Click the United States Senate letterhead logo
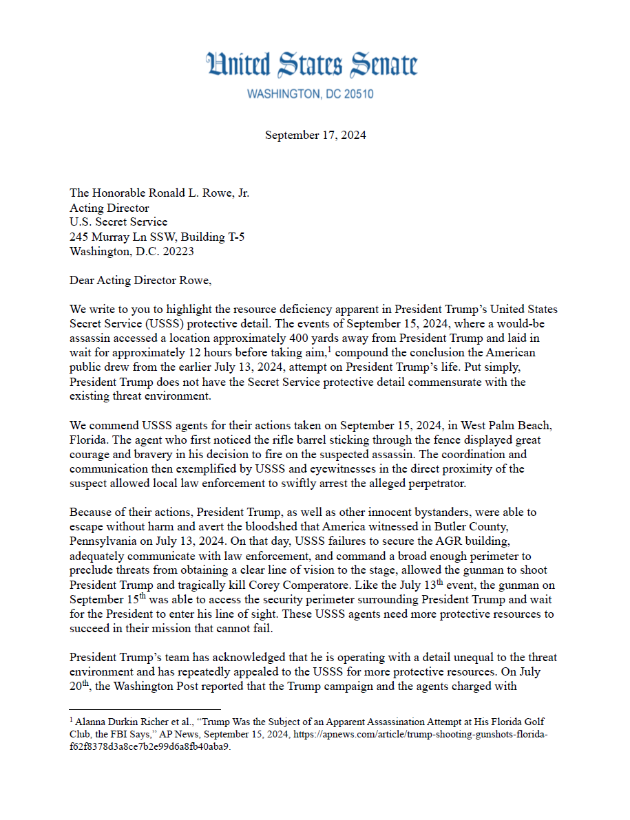[x=312, y=65]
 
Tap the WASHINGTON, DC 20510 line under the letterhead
[x=310, y=94]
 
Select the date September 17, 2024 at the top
[x=315, y=136]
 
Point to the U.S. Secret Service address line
[x=118, y=222]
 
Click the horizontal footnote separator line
[x=145, y=709]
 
